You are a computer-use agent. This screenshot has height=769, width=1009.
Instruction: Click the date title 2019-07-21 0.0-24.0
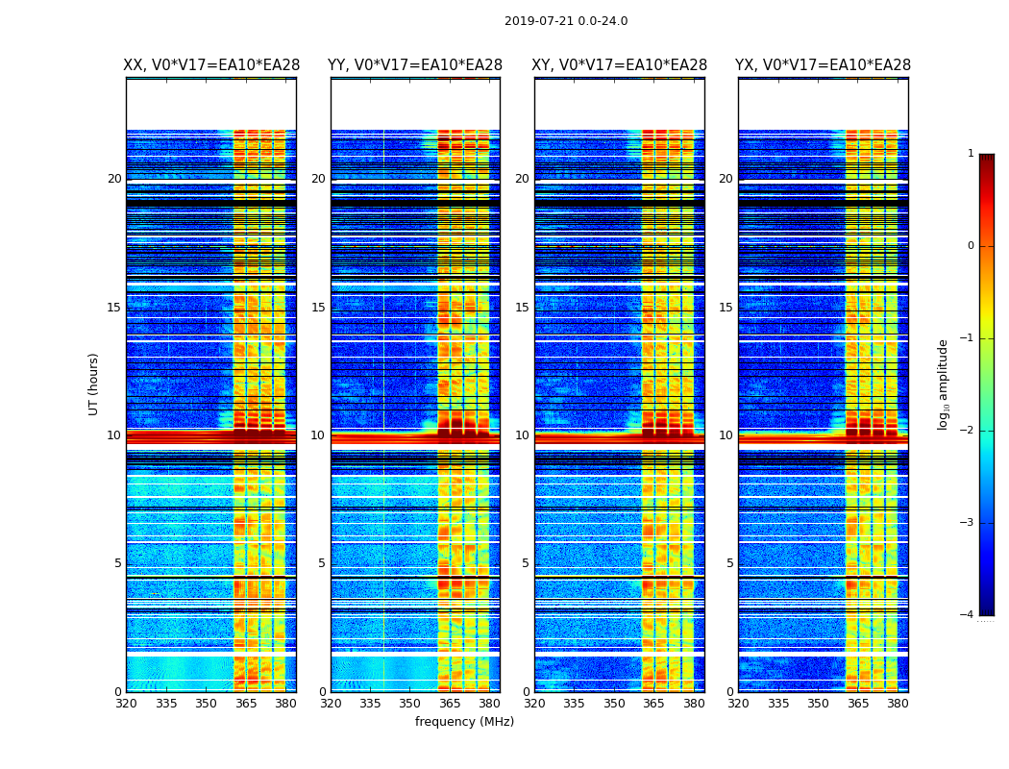point(566,21)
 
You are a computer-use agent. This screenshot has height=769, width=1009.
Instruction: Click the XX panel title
point(211,65)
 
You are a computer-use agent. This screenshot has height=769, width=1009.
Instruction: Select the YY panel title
point(415,65)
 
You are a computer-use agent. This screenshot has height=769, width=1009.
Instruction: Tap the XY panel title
point(620,65)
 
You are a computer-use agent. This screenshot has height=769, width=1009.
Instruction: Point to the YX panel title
point(824,65)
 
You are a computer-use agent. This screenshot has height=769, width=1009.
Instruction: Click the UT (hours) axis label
point(93,384)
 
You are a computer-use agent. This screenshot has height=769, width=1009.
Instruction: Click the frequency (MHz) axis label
point(464,722)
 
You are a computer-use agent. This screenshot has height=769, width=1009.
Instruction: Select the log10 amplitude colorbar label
point(944,384)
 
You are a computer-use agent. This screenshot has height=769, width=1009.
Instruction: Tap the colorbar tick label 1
point(971,154)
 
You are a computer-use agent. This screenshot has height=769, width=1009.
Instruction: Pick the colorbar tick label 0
point(971,246)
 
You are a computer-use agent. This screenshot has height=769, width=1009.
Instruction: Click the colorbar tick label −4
point(968,615)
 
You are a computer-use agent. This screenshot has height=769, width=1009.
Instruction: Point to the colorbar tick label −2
point(968,431)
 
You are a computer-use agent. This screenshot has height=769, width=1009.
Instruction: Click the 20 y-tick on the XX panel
point(114,179)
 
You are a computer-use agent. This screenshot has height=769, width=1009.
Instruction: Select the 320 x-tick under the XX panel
point(126,703)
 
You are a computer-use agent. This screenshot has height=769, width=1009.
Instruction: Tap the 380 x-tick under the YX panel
point(898,703)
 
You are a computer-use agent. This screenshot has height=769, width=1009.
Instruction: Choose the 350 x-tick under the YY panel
point(410,703)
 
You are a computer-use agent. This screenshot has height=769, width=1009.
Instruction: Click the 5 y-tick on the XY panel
point(526,563)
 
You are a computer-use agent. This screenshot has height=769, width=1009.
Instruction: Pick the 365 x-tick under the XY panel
point(653,703)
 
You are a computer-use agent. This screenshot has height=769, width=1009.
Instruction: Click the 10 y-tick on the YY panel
point(318,435)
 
